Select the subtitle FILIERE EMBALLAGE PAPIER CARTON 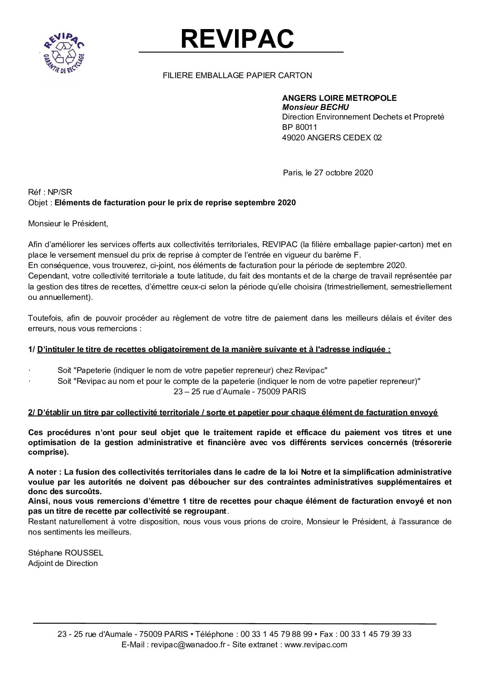tap(237, 75)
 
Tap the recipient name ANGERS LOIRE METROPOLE tap(339, 98)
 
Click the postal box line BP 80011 tap(299, 127)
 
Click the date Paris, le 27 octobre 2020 tap(328, 173)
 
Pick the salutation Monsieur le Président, tap(69, 223)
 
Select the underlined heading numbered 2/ tap(233, 412)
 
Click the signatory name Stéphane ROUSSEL tap(66, 553)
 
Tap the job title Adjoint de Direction tap(63, 563)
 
